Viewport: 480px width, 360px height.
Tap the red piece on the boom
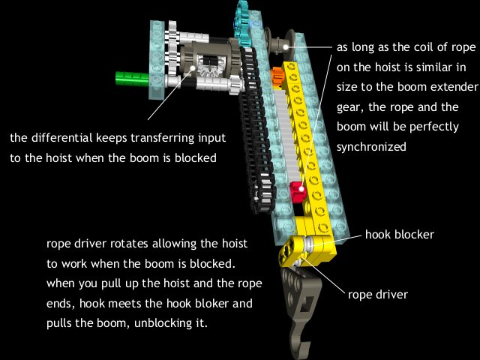298,192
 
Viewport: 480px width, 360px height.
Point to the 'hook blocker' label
400,235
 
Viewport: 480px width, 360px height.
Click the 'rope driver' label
378,294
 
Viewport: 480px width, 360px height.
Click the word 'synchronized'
370,147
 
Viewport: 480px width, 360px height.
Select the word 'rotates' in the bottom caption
129,245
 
